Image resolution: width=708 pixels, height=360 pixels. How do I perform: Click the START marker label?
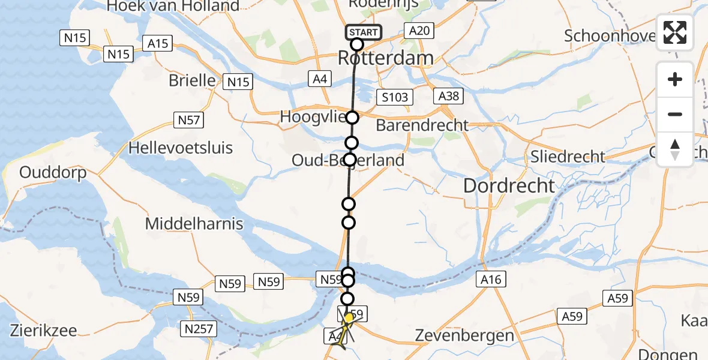coord(363,32)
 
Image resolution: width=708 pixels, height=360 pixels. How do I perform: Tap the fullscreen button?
coord(675,32)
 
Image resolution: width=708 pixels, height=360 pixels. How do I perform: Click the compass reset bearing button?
coord(675,149)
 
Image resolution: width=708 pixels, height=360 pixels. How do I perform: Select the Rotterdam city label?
coord(386,58)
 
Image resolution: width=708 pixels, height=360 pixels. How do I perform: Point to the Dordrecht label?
coord(509,186)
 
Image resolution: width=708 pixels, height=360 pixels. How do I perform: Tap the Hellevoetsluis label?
coord(182,148)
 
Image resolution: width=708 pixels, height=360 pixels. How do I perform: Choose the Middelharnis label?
coord(195,224)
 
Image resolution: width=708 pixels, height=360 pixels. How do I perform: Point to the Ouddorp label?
coord(53,173)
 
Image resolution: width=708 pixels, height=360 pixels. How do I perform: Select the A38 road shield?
coord(448,97)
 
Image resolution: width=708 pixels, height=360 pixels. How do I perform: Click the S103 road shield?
coord(394,97)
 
